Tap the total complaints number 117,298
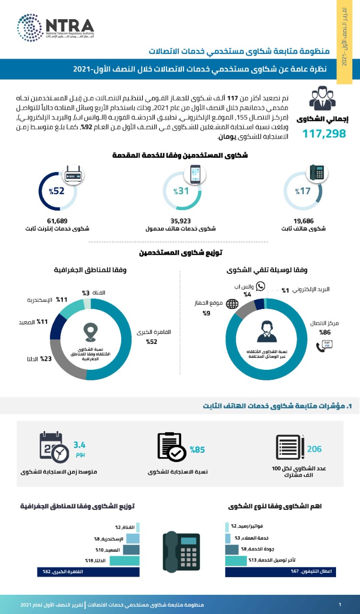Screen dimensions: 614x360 pos(324,134)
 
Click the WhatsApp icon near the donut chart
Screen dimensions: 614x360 pos(260,286)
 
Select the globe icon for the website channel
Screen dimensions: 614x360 pos(232,304)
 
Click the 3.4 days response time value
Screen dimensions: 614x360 pos(79,445)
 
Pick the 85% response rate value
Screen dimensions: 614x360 pos(197,450)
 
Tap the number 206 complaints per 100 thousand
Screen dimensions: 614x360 pos(314,449)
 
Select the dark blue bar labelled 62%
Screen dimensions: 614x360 pos(88,572)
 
